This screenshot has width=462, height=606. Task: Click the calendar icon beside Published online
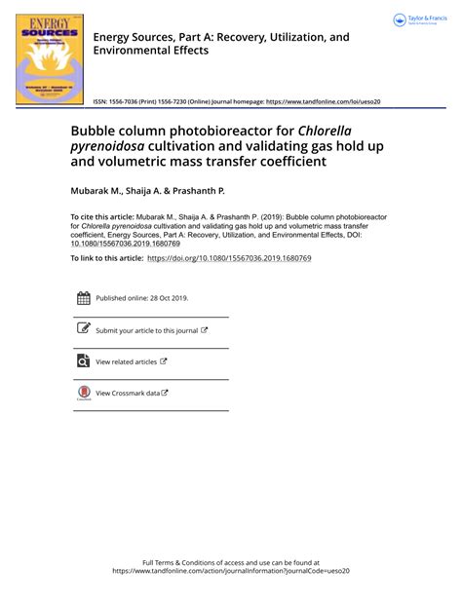(83, 299)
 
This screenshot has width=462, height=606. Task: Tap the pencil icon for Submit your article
(83, 329)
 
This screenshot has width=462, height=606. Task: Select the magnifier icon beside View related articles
(83, 361)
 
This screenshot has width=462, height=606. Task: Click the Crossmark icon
(83, 393)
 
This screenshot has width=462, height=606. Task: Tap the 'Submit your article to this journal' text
(146, 330)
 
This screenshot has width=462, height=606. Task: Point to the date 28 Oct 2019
(169, 299)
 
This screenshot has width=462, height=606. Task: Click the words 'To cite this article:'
(105, 216)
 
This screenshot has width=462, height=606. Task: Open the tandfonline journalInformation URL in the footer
(231, 572)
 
